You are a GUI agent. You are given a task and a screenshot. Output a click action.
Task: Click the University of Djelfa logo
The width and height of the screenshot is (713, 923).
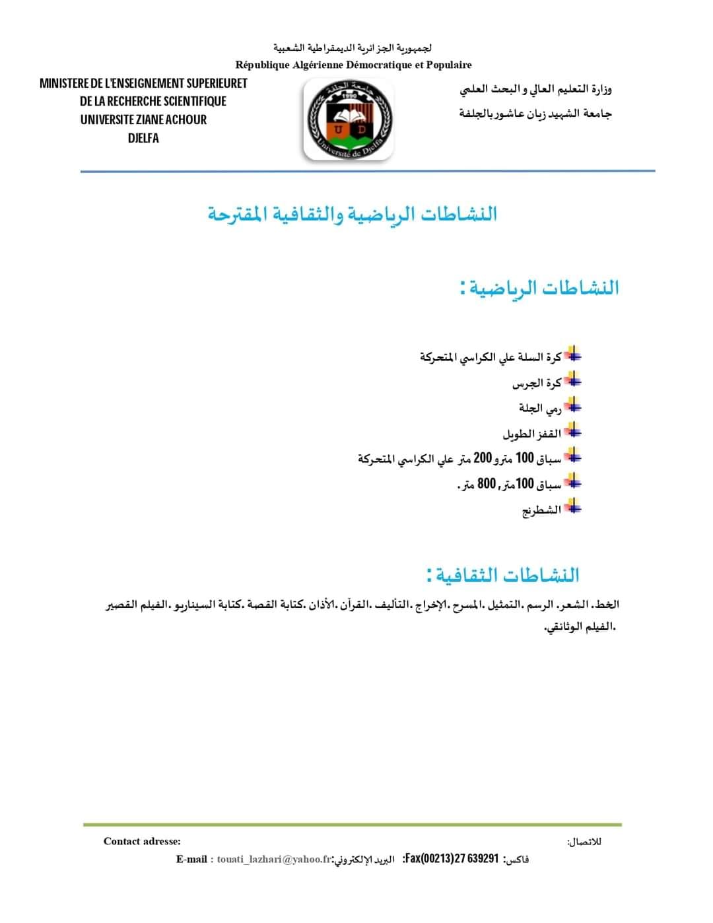pos(348,120)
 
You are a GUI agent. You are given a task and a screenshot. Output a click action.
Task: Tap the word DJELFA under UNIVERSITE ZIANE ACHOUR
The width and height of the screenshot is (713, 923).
pos(143,138)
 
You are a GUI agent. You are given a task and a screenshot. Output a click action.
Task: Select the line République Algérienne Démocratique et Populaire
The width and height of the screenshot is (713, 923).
pos(353,65)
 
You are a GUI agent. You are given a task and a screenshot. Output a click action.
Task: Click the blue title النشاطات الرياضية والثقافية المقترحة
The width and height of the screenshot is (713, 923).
pos(353,214)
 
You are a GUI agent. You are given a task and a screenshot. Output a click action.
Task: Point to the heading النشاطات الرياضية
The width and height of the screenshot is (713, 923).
pos(540,288)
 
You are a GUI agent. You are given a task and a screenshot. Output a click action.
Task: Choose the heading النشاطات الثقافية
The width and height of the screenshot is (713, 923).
pos(503,574)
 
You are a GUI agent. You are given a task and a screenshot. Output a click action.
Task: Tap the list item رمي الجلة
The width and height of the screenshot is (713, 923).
pos(540,408)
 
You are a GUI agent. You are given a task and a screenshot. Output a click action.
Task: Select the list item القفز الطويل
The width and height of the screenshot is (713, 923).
pos(531,434)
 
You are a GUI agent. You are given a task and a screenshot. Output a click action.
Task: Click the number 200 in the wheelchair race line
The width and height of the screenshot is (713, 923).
pos(483,458)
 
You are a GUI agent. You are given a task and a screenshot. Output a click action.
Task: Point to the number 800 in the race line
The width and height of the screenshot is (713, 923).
pos(487,484)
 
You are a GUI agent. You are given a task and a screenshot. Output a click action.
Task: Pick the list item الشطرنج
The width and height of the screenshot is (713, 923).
pos(541,510)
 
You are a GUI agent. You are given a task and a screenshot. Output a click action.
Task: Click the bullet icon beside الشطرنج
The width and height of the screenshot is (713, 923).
pos(573,507)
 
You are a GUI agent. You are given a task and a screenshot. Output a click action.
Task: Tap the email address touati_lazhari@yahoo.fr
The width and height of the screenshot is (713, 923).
pos(273,859)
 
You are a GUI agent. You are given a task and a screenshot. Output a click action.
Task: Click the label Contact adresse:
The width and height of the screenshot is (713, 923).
pos(142,841)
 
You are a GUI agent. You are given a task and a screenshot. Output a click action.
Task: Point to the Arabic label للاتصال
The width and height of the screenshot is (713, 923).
pos(584,842)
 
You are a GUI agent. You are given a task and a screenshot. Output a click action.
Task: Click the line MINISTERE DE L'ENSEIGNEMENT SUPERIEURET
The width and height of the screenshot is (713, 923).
pos(143,83)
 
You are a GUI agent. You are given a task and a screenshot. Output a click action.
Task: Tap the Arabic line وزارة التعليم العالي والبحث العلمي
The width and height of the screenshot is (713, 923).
pos(535,88)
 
